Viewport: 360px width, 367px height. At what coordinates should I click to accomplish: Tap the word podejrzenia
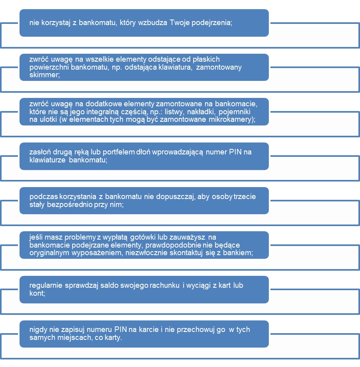click(x=212, y=23)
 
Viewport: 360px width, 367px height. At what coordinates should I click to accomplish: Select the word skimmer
click(x=45, y=75)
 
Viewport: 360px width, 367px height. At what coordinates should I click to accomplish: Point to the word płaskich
click(x=206, y=59)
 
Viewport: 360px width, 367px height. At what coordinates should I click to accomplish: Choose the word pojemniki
click(x=235, y=112)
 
